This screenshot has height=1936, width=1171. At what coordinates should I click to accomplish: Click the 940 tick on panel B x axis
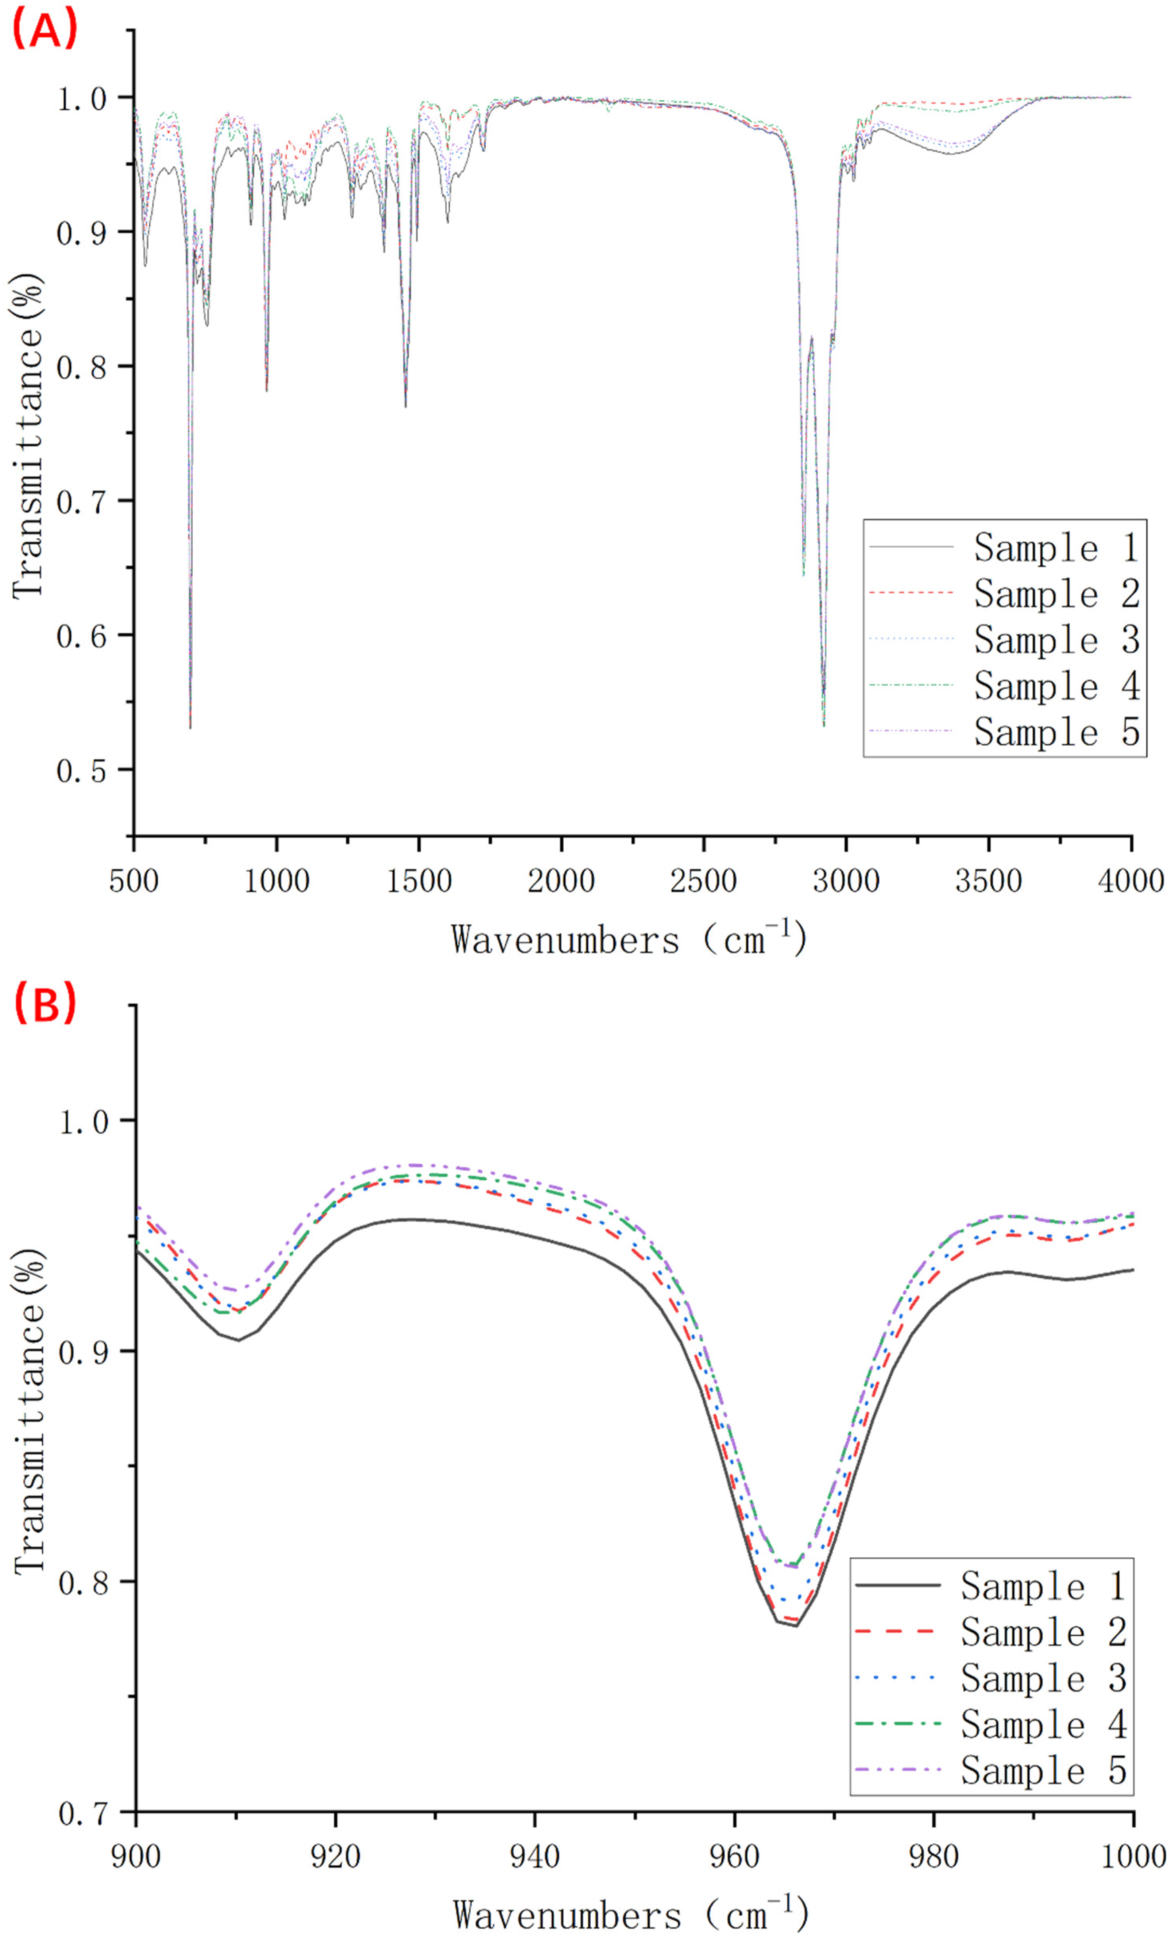534,1856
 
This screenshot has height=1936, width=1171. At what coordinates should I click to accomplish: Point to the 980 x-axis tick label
933,1856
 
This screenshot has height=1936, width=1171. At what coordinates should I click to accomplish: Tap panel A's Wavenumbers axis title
629,939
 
